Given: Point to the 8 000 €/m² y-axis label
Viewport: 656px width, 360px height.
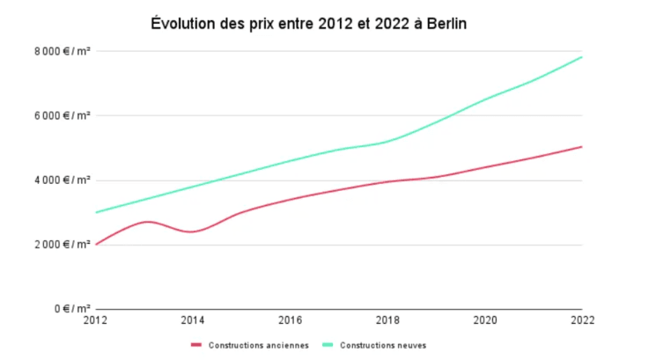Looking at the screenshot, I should [x=64, y=51].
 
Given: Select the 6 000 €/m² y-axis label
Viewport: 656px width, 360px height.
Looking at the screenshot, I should [x=64, y=115].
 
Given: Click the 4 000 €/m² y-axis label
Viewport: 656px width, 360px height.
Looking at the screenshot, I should [x=64, y=180].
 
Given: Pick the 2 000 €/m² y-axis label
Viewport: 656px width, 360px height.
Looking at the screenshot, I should [x=64, y=245].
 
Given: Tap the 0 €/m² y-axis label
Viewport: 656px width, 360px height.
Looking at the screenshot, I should [x=71, y=309].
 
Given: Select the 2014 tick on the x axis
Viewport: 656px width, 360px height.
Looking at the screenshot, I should [x=193, y=321].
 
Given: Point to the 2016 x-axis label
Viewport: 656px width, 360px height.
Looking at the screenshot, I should [x=291, y=321].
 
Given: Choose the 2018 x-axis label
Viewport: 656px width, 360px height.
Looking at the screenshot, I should [x=387, y=321].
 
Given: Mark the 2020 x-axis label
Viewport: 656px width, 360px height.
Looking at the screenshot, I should [x=485, y=321].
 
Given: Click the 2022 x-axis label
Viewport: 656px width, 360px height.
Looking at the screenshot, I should [x=582, y=321].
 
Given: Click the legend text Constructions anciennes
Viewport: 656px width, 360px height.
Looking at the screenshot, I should [x=258, y=345].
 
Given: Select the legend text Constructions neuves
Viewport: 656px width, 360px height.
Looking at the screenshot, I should [x=383, y=345].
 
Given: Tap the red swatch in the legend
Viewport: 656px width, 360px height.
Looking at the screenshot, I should [x=196, y=345].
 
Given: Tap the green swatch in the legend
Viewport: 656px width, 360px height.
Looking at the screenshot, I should [x=328, y=345].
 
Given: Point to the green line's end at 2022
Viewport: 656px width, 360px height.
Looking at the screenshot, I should [x=582, y=57].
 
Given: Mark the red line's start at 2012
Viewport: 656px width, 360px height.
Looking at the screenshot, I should [x=96, y=244].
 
